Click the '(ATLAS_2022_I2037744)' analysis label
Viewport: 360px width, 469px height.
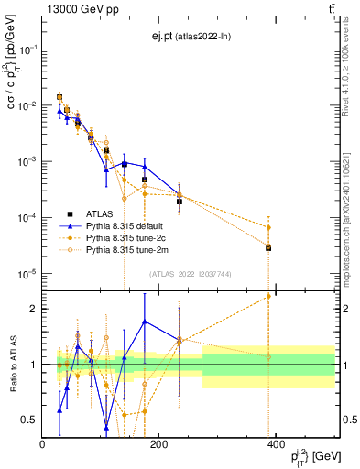click(190, 274)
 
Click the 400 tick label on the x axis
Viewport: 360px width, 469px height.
click(274, 444)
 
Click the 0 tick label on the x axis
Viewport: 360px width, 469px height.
click(43, 444)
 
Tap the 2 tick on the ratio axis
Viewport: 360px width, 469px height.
click(35, 309)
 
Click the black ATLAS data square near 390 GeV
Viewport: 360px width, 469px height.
click(268, 248)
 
